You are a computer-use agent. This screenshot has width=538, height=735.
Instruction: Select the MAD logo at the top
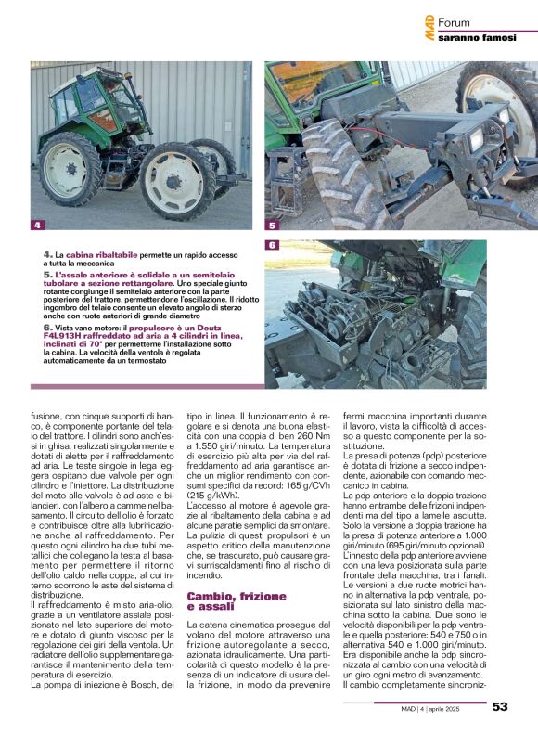tap(430, 25)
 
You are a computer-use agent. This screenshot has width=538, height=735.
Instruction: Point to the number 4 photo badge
tap(37, 225)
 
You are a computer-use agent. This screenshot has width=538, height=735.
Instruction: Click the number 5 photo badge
tap(272, 225)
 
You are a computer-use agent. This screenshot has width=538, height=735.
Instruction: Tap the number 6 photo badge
tap(272, 245)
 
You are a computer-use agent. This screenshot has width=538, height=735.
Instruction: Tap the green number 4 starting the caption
tap(46, 254)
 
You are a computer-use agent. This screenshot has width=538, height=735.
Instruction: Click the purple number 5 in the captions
tap(46, 276)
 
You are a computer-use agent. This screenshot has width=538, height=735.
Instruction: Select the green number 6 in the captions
tap(46, 328)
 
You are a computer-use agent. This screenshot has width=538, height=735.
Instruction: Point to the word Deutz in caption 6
tap(222, 328)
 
